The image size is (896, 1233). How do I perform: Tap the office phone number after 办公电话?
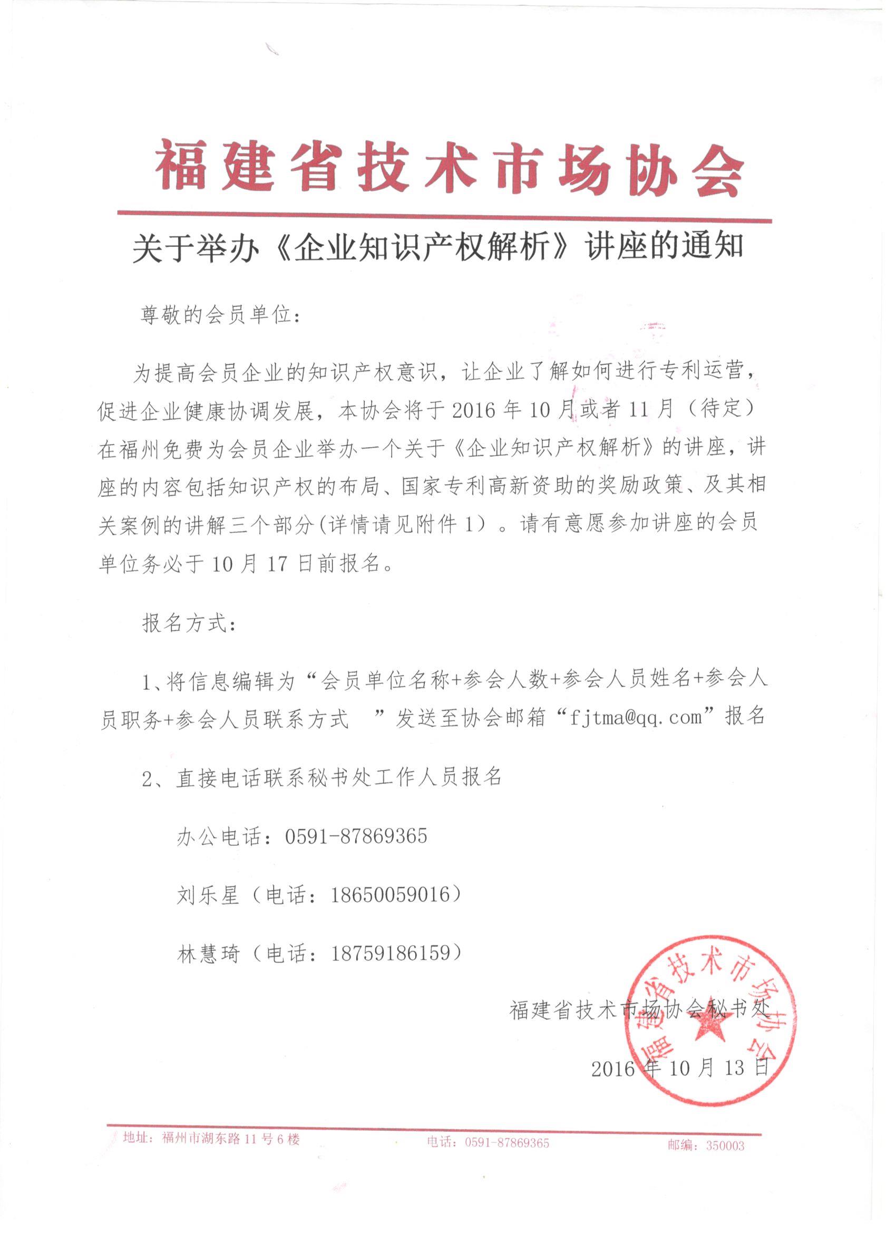click(356, 835)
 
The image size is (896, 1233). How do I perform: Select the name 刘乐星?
click(208, 894)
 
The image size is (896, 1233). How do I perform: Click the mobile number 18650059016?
click(392, 894)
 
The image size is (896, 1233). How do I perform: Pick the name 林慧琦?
click(208, 953)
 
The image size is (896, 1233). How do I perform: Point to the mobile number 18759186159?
click(392, 953)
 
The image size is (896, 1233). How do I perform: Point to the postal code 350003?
click(725, 1146)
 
